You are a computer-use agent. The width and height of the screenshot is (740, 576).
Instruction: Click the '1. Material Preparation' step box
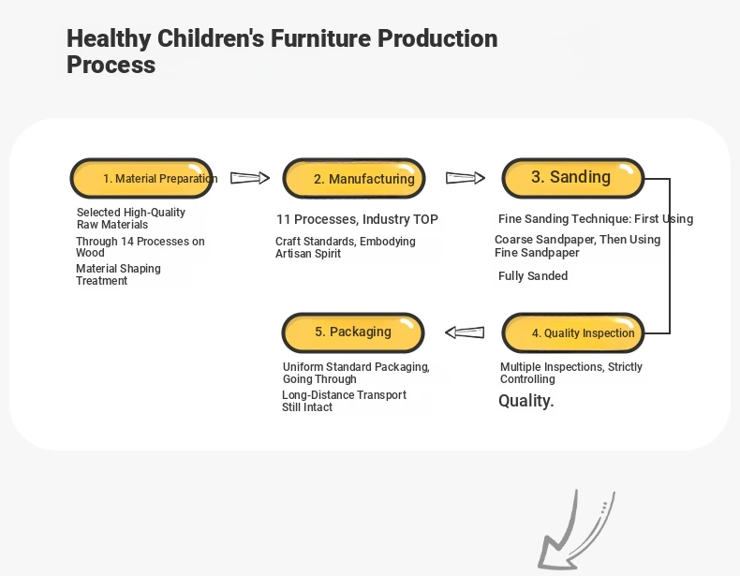point(141,178)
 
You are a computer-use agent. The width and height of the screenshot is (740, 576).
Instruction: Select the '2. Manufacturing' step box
point(354,178)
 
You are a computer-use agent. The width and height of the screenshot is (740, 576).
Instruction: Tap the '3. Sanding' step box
point(573,178)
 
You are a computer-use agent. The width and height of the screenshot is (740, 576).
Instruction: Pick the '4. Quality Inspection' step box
point(573,332)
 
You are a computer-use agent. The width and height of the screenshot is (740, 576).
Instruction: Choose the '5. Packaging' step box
point(353,332)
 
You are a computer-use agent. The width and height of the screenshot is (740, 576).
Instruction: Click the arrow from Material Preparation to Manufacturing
point(250,178)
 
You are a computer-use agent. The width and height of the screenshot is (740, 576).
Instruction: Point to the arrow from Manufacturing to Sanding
point(466,178)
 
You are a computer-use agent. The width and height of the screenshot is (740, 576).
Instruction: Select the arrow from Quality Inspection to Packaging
point(465,332)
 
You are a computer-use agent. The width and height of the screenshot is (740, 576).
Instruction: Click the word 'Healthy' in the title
point(109,38)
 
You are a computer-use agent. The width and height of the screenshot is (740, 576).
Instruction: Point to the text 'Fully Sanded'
point(533,276)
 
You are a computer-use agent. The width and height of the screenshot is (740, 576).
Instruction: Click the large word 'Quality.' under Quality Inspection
point(525,401)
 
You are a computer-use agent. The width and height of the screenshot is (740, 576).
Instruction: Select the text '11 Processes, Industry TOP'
point(357,219)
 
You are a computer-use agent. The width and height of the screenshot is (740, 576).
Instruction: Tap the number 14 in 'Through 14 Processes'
point(127,242)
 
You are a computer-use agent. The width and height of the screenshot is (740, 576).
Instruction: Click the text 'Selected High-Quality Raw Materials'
point(131,218)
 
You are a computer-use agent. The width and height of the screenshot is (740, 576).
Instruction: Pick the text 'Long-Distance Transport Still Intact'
point(344,401)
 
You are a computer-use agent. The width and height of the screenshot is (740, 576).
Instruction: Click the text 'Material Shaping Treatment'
point(118,274)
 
